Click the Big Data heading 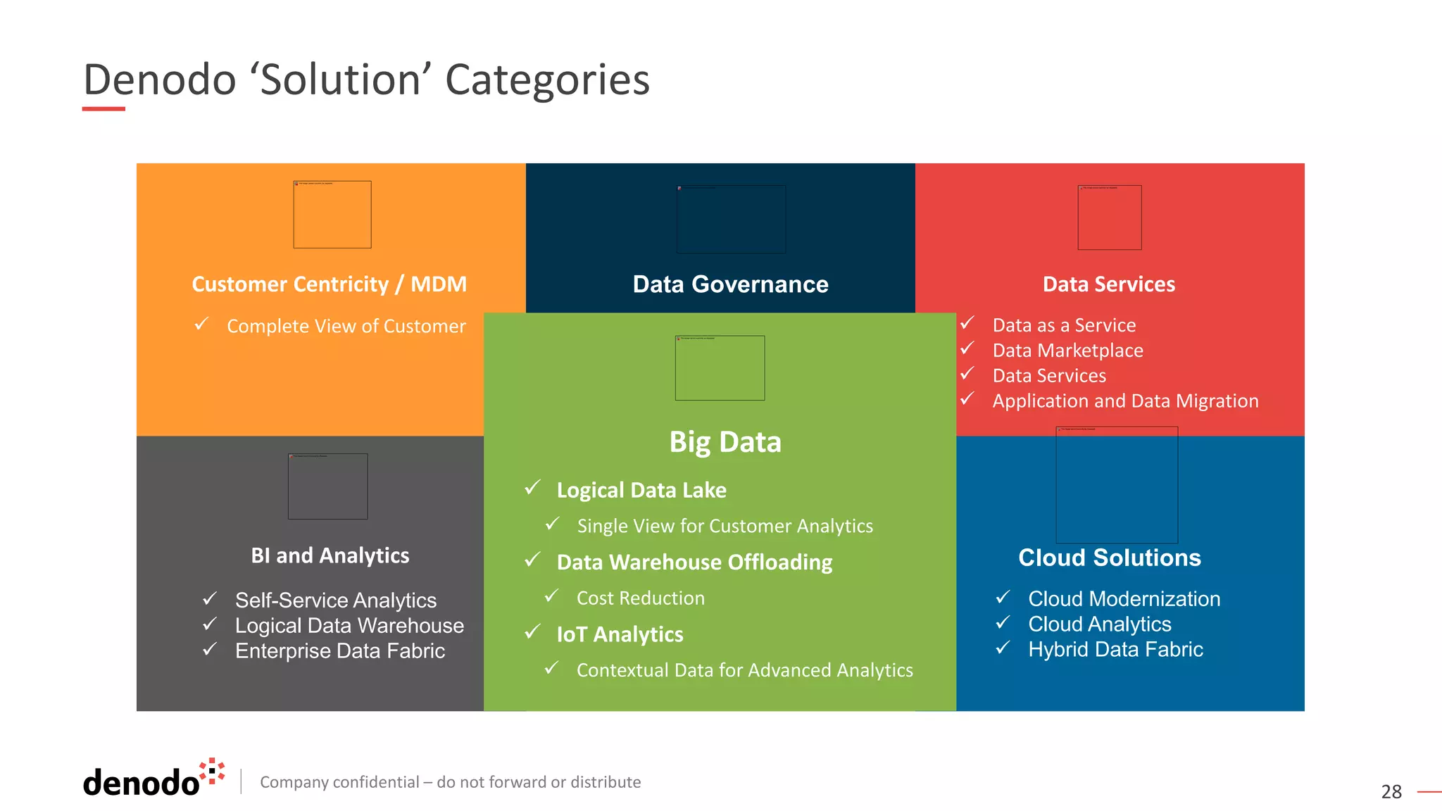point(725,442)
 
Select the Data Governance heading point(730,284)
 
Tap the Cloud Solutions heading point(1109,558)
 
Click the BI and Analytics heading point(330,555)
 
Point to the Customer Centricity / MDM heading point(329,284)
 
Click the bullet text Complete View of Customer point(346,326)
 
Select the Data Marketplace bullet point(1067,351)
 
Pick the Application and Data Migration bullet point(1125,401)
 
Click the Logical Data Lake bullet point(641,490)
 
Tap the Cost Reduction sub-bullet point(640,598)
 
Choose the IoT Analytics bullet point(620,634)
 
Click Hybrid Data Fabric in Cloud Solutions point(1115,649)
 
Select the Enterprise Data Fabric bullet point(339,650)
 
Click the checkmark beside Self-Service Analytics point(209,599)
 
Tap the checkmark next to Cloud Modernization point(1003,598)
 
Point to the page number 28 point(1391,792)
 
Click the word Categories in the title point(547,80)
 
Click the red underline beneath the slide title point(104,109)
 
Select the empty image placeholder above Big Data point(720,367)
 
